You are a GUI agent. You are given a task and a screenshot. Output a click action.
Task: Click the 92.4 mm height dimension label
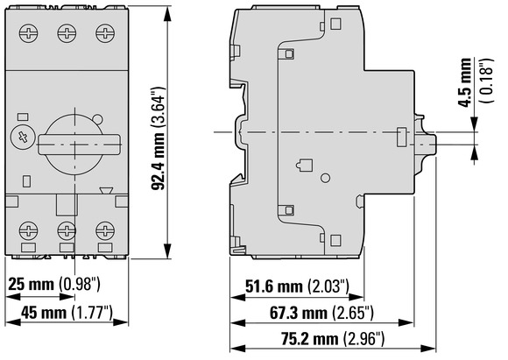pyautogui.click(x=159, y=138)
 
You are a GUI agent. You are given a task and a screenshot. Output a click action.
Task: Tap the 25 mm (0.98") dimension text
pyautogui.click(x=54, y=284)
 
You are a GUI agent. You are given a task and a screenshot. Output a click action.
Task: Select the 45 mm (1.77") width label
pyautogui.click(x=67, y=313)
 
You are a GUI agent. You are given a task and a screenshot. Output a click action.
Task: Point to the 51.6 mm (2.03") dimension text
pyautogui.click(x=298, y=286)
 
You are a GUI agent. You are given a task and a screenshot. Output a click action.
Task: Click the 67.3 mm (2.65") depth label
pyautogui.click(x=321, y=313)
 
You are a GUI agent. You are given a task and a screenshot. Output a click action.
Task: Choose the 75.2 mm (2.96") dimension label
pyautogui.click(x=333, y=339)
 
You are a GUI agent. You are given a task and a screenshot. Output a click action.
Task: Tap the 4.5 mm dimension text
pyautogui.click(x=466, y=82)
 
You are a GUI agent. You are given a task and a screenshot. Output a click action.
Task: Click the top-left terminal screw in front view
pyautogui.click(x=29, y=33)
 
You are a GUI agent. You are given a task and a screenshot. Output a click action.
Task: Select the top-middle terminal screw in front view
pyautogui.click(x=67, y=33)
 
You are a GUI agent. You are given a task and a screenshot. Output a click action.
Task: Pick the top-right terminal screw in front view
pyautogui.click(x=105, y=33)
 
